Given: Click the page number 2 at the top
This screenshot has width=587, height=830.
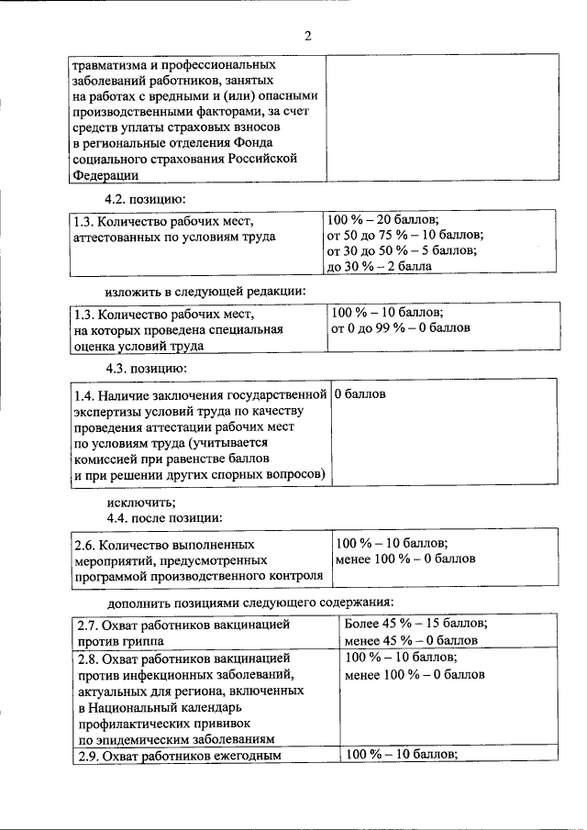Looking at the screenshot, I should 308,36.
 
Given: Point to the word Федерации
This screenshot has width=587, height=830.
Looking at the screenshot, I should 105,175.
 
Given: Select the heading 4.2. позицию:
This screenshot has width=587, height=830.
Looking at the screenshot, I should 146,198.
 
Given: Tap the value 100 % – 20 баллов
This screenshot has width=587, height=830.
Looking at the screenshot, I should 383,220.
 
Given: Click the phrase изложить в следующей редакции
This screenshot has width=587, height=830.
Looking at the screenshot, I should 205,292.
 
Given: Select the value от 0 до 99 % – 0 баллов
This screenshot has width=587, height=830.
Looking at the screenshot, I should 401,327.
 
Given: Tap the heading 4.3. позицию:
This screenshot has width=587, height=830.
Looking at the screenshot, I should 146,368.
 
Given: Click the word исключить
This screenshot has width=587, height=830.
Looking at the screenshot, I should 140,502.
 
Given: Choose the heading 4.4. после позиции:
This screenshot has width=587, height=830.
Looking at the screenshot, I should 165,517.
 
